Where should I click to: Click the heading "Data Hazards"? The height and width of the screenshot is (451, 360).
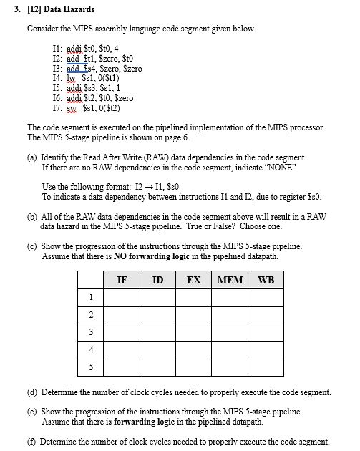tap(69, 9)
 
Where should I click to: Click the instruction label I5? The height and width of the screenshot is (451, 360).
tap(59, 87)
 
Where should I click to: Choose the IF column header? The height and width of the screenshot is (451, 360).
tap(122, 280)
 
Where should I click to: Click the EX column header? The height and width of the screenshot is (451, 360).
tap(193, 280)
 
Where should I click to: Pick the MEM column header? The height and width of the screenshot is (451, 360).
tap(230, 280)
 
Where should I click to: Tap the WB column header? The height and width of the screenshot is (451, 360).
tap(266, 280)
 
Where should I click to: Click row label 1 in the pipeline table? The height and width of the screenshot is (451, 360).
tap(91, 297)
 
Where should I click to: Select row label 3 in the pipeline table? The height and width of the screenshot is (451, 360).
tap(91, 332)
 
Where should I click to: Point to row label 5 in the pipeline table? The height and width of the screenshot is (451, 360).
tap(91, 367)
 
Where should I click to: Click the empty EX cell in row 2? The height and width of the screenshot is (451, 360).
tap(193, 315)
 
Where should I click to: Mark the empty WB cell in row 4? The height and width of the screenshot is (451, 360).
tap(266, 350)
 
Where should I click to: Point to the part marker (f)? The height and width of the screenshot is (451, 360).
tap(32, 442)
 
